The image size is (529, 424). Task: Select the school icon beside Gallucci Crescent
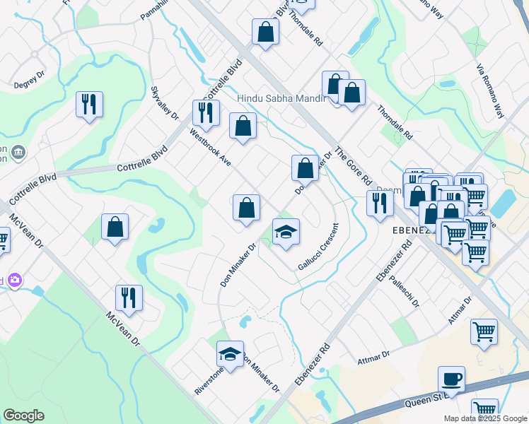pyautogui.click(x=286, y=232)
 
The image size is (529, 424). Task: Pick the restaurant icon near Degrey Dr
pyautogui.click(x=90, y=105)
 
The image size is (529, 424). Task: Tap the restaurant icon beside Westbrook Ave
pyautogui.click(x=206, y=113)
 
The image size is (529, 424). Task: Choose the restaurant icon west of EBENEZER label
pyautogui.click(x=380, y=204)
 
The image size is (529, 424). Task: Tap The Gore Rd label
pyautogui.click(x=353, y=166)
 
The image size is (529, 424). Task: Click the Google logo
pyautogui.click(x=23, y=416)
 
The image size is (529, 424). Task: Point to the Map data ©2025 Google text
pyautogui.click(x=484, y=418)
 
